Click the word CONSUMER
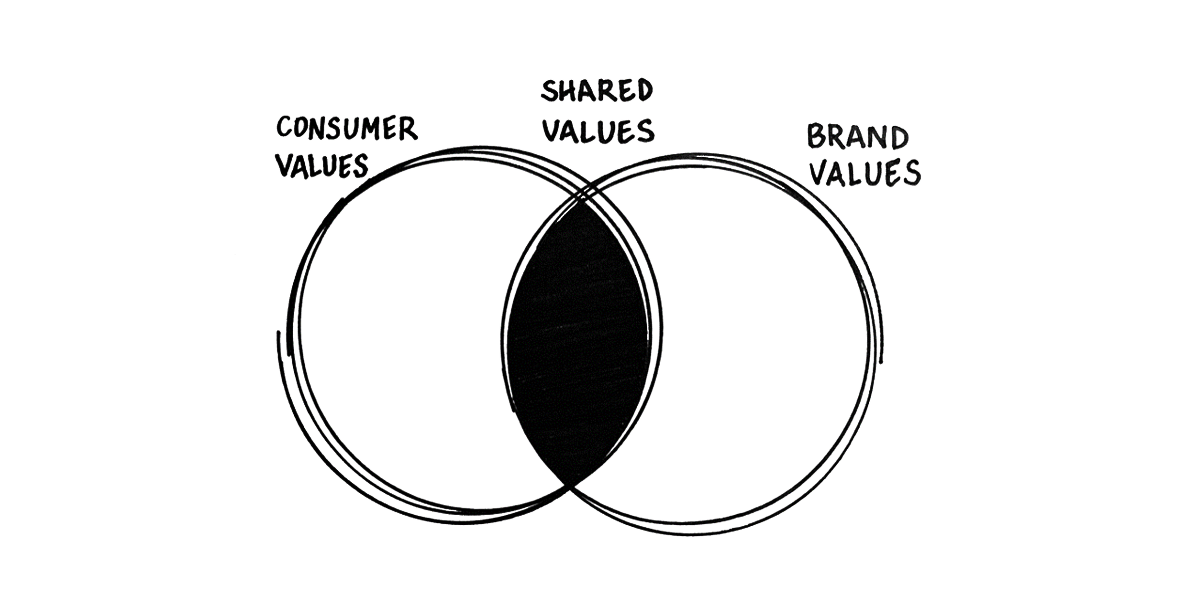click(x=347, y=128)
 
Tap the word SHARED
click(x=597, y=91)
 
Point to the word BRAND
click(x=857, y=137)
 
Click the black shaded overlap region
click(x=576, y=344)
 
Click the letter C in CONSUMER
click(x=285, y=127)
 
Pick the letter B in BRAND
click(x=816, y=137)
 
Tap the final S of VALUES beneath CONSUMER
click(x=360, y=166)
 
